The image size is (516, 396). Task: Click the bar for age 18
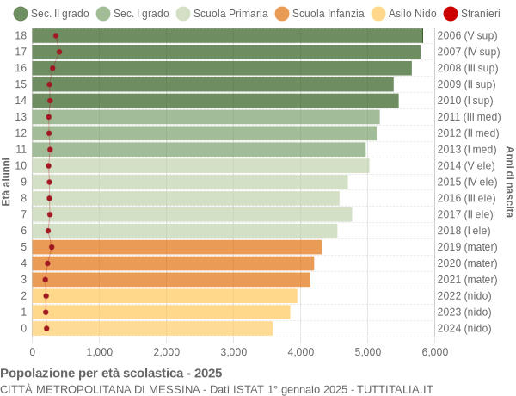coord(228,35)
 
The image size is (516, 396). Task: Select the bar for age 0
coord(152,328)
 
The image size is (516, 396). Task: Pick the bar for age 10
coord(200,165)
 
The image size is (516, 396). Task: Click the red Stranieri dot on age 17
coord(59,52)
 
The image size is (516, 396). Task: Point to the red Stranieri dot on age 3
coord(46,280)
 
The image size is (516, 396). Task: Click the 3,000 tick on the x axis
coord(234,351)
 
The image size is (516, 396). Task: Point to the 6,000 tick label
coord(434,351)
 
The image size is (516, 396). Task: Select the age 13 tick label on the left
coord(21,116)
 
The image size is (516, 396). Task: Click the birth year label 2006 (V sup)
coord(467,35)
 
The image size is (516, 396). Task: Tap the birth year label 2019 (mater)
coord(467,247)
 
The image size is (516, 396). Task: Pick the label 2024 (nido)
coord(464,328)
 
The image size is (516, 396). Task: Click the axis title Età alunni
coord(7,182)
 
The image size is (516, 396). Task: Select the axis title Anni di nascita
coord(509,182)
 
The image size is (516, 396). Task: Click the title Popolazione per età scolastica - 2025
coord(111,374)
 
